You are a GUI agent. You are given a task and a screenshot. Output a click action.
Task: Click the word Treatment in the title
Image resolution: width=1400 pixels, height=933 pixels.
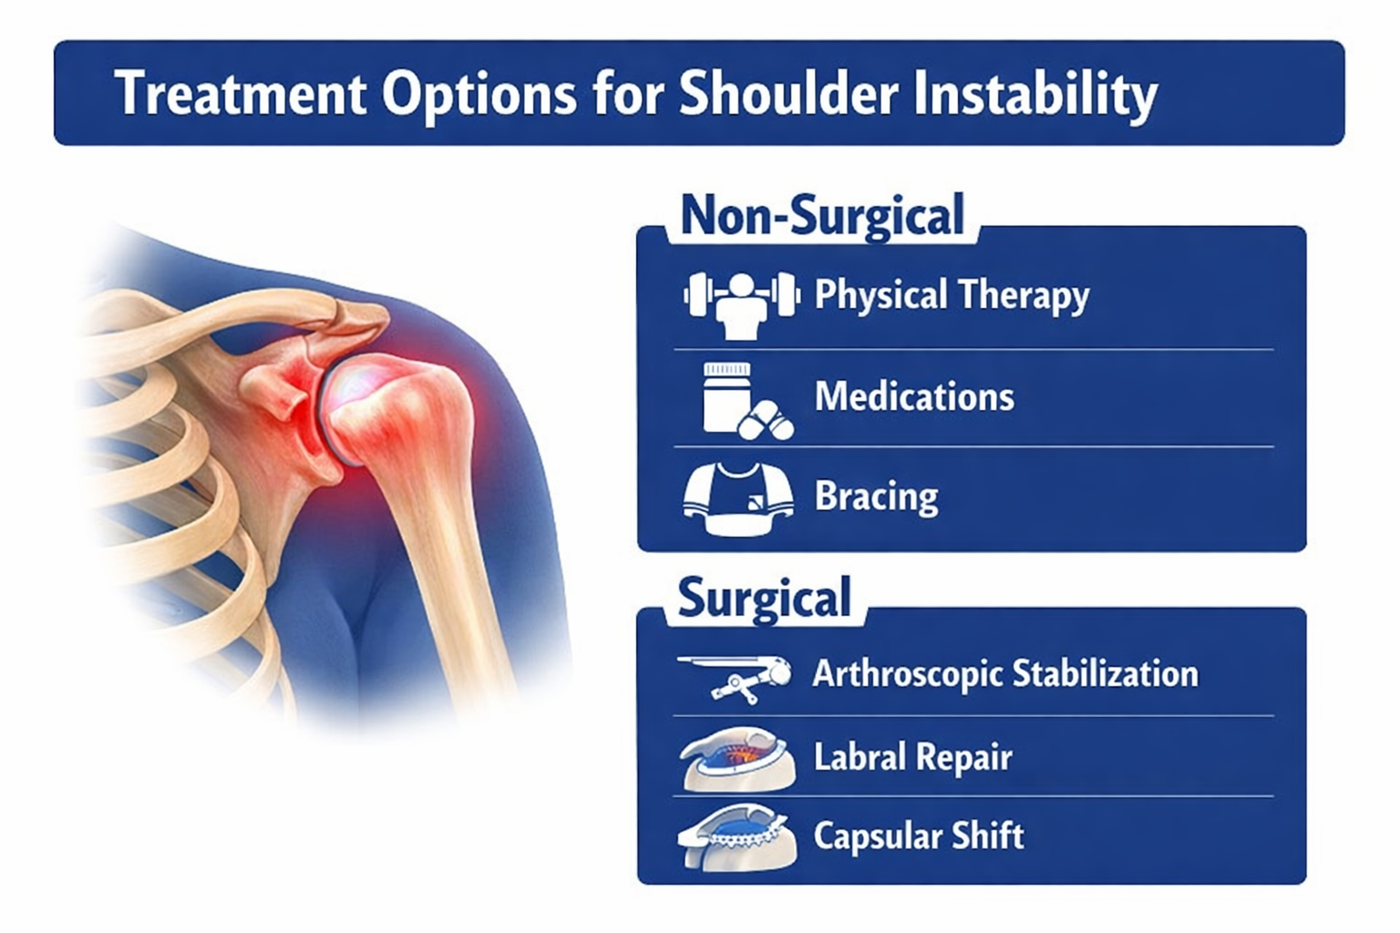(242, 94)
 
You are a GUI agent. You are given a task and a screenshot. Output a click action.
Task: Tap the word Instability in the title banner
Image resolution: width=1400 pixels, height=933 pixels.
(1035, 95)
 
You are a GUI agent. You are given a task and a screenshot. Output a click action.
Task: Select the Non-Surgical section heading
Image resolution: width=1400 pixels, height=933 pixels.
(822, 216)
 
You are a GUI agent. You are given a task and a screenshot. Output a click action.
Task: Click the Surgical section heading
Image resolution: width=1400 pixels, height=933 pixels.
(764, 598)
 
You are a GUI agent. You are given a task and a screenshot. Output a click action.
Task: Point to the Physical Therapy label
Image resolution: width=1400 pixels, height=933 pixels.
(952, 295)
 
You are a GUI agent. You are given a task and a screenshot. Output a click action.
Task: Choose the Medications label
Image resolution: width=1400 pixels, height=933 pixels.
(914, 396)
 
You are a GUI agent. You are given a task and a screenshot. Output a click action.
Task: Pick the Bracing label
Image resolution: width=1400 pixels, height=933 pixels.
(876, 497)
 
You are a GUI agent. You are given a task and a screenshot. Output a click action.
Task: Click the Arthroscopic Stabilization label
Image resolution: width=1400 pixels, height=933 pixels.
(1005, 674)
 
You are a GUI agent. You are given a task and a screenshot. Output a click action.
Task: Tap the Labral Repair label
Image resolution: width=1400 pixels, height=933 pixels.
(913, 757)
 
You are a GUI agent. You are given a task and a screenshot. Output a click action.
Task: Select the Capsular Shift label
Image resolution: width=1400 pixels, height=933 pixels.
(919, 836)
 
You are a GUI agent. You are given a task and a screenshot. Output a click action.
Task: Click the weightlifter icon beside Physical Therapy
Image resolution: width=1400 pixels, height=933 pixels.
(742, 305)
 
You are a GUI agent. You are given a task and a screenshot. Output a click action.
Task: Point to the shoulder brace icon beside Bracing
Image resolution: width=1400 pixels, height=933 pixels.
(739, 498)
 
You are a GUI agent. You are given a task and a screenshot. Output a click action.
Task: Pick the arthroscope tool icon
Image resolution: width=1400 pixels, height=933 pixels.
(735, 679)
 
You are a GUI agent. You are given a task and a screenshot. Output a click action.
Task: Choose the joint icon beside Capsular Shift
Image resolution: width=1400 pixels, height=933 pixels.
(737, 836)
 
